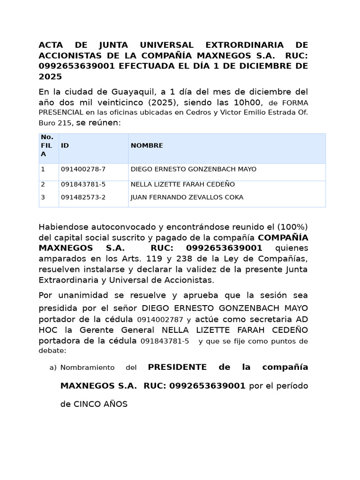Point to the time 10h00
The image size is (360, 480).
247,102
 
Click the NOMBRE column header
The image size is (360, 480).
147,146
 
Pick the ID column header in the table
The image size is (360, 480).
65,146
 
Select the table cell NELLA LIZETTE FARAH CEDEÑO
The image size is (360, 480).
182,184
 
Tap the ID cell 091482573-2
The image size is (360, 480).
83,197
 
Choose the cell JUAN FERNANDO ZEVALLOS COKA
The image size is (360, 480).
187,197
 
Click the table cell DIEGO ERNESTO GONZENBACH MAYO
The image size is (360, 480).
193,169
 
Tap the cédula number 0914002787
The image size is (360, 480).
160,320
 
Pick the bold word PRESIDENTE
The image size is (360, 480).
177,367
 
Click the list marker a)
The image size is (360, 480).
53,367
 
